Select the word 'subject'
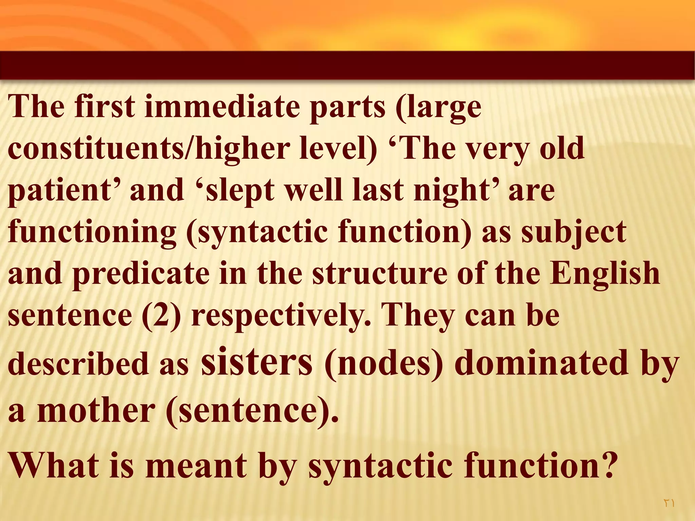[x=574, y=233]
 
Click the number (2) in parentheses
[x=162, y=315]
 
